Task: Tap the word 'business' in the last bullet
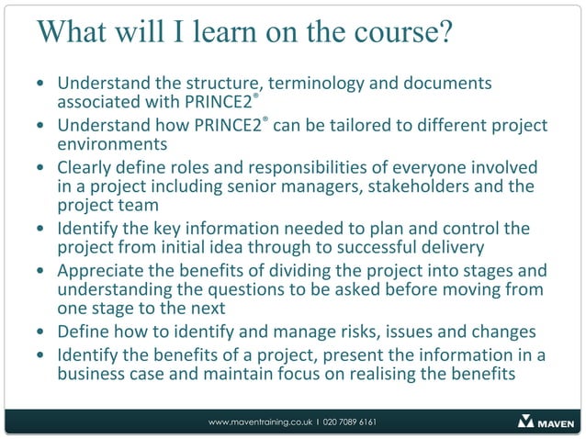92,374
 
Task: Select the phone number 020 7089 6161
349,422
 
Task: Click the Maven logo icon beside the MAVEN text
526,422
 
